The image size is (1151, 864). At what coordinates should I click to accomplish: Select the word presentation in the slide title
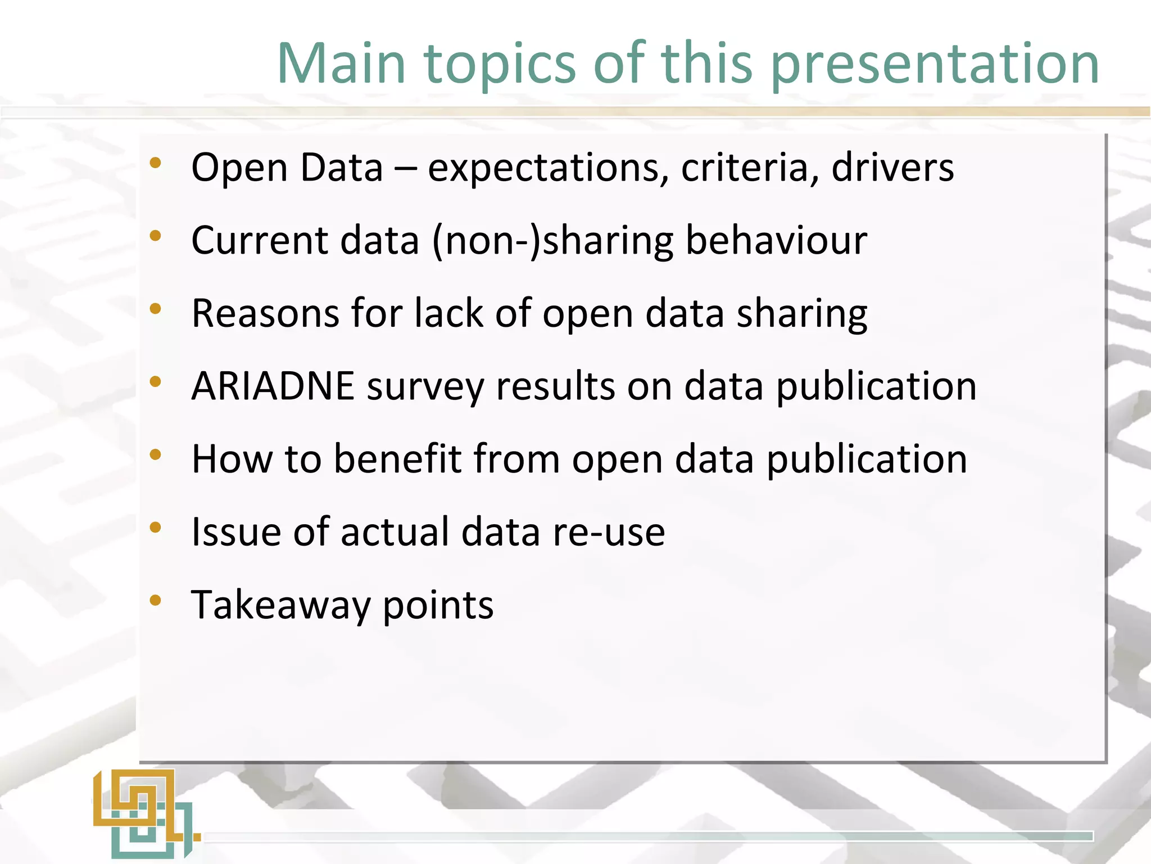point(935,65)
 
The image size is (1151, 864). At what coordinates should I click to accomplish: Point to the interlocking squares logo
point(145,813)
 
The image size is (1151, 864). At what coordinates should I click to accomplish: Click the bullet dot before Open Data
point(156,164)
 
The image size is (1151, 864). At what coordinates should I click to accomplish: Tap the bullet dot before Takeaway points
point(156,600)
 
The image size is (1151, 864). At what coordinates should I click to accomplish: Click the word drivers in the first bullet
point(892,167)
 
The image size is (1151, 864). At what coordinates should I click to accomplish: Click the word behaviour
point(776,241)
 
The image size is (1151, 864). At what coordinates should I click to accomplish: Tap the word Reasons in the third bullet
point(265,313)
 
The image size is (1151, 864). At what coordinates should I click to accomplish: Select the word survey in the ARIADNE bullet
point(425,387)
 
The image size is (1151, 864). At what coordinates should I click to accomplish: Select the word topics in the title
point(500,65)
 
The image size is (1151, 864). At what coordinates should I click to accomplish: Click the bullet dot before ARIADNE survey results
point(156,382)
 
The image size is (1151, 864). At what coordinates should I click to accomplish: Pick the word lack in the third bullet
point(448,313)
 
